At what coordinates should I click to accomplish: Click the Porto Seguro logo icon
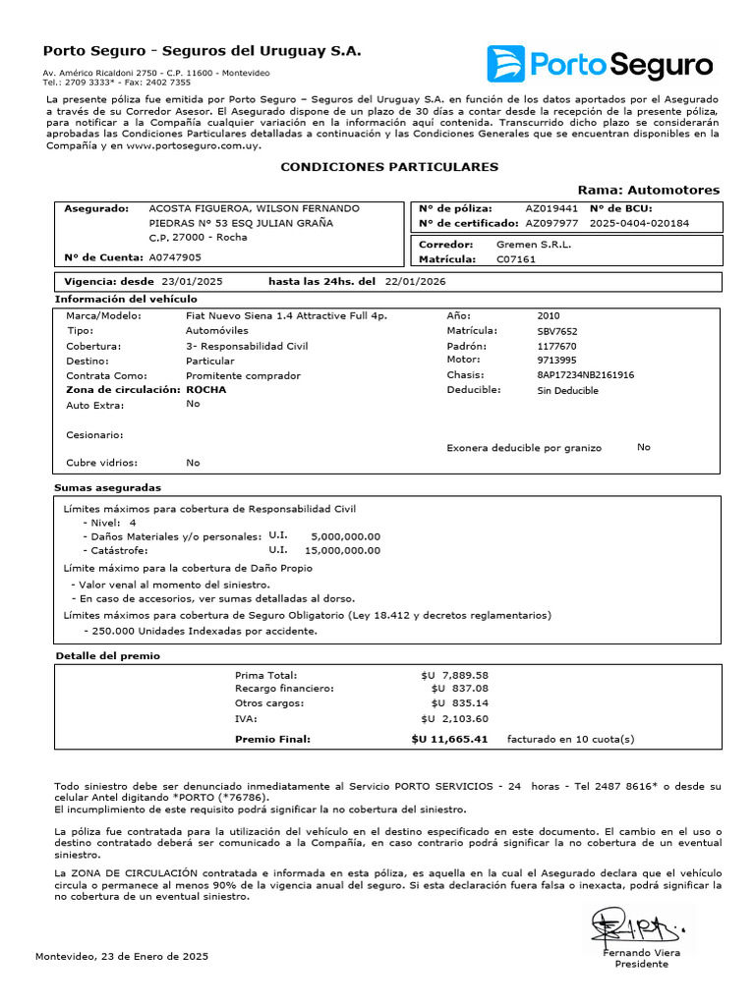tap(506, 64)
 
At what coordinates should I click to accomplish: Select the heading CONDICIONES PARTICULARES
tap(389, 167)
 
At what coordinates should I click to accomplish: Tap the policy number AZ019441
tap(552, 208)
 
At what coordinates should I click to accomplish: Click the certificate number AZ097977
tap(552, 223)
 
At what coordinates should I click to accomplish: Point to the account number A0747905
tap(175, 257)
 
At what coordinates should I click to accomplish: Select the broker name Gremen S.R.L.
tap(534, 244)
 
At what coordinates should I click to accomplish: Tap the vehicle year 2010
tap(549, 315)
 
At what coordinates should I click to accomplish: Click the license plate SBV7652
tap(557, 331)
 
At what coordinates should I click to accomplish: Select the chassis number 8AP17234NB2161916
tap(585, 374)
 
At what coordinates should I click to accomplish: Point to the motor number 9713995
tap(556, 360)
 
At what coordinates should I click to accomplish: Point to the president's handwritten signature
tap(635, 926)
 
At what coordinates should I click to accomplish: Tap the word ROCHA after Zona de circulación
tap(205, 389)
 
